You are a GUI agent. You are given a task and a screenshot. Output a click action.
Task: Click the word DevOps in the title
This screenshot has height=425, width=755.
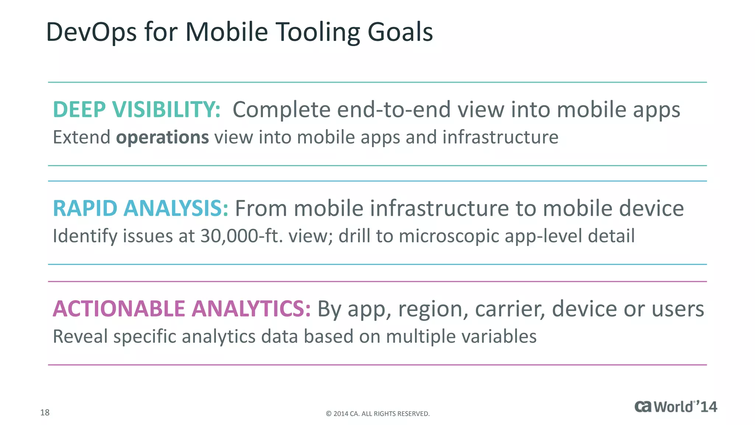coord(91,32)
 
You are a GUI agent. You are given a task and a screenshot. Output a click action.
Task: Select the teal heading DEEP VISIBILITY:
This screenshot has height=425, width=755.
coord(137,110)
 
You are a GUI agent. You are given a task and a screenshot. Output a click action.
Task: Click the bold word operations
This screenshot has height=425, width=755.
coord(162,137)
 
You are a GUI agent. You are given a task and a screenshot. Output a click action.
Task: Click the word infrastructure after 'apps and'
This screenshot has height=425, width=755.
coord(500,137)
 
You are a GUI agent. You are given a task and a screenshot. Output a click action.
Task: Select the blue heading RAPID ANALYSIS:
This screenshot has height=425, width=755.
coord(140,208)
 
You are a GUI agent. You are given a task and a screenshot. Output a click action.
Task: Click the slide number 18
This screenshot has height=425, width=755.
coord(45,412)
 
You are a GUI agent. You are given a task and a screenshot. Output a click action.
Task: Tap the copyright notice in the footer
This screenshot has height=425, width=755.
coord(377,414)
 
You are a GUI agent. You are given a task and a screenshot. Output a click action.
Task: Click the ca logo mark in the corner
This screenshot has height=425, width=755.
coord(643,407)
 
